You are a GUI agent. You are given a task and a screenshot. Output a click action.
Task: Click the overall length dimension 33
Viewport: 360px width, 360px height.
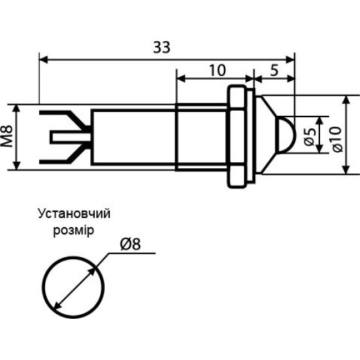(x=162, y=47)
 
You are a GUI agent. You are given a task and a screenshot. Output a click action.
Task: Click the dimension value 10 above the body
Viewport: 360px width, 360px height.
(x=217, y=70)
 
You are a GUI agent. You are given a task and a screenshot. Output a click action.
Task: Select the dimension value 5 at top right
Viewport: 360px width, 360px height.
(x=274, y=70)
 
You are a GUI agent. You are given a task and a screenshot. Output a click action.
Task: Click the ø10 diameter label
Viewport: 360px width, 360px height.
(x=337, y=139)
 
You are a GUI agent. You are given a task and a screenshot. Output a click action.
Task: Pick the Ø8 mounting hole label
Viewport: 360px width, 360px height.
(x=130, y=244)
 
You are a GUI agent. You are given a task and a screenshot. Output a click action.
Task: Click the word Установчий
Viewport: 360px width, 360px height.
(x=74, y=214)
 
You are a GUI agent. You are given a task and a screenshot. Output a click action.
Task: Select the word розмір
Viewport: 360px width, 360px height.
(x=74, y=230)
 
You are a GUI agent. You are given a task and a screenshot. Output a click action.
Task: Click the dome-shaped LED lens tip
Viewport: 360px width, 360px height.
(x=286, y=135)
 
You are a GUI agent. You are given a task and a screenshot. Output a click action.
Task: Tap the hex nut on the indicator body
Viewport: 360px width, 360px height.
(x=236, y=136)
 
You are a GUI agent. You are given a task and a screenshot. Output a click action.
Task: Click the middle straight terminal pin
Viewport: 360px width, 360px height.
(x=71, y=137)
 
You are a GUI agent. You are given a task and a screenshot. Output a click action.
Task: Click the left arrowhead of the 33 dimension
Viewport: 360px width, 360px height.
(x=44, y=59)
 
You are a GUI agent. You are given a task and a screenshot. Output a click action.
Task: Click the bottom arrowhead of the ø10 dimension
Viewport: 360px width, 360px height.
(x=347, y=170)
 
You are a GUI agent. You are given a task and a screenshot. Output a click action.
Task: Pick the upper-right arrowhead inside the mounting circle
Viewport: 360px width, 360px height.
(x=92, y=272)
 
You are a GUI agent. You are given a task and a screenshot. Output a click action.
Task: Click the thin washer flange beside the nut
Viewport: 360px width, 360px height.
(x=251, y=136)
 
